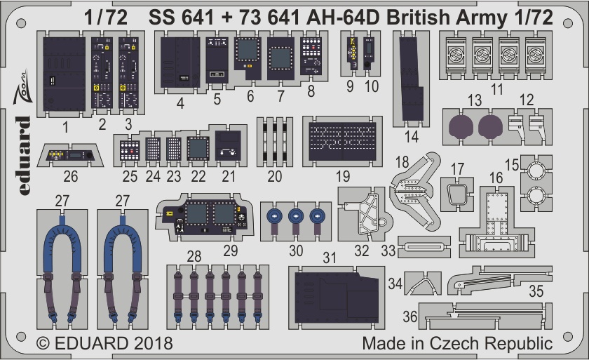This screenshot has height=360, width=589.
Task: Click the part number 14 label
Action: tap(412, 137)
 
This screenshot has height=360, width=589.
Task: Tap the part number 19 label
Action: tap(343, 176)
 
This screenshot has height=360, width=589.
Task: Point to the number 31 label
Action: tap(330, 258)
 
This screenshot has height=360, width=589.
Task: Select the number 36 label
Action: tap(409, 316)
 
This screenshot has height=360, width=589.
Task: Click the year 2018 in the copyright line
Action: tap(153, 343)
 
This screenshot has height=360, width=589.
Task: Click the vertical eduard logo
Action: tap(23, 156)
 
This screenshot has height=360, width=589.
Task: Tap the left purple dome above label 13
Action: tap(461, 126)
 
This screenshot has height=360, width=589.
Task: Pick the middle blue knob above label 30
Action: tap(296, 216)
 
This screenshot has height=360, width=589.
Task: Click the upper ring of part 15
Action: tap(536, 171)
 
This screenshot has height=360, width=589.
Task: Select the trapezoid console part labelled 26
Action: tap(70, 155)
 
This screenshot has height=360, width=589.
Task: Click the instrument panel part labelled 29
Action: tap(205, 217)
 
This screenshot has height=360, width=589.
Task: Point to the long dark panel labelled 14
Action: tap(411, 79)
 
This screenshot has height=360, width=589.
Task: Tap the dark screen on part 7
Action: tap(281, 58)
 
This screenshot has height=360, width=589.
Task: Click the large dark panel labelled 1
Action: tap(65, 74)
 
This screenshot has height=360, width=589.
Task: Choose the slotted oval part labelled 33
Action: tap(424, 247)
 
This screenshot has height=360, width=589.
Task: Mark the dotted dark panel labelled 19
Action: tap(342, 142)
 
